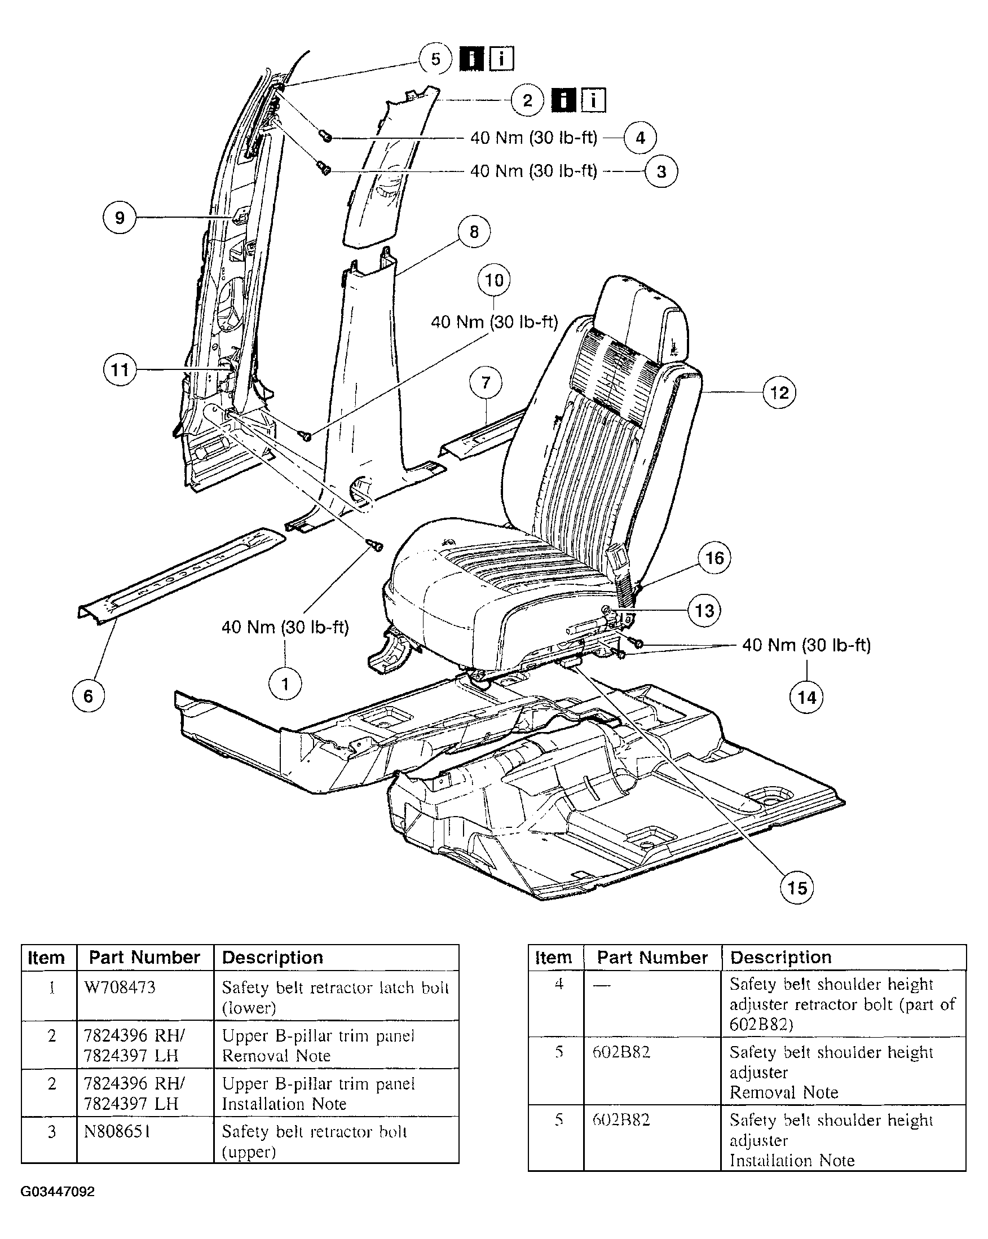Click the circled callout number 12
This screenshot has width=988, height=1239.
pos(779,393)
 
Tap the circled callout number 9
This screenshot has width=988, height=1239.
pos(120,217)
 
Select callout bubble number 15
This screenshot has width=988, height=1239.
pos(797,888)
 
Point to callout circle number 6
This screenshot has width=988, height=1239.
pos(88,696)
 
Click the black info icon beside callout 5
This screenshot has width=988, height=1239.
pos(472,59)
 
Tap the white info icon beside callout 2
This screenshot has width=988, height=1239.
pos(593,100)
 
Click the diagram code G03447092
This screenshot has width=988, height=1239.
pos(58,1191)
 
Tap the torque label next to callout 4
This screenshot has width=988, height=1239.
pos(533,138)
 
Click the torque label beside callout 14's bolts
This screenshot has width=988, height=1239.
pos(806,645)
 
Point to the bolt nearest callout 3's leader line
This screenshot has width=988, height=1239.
pos(324,169)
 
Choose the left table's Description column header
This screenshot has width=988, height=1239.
pos(272,958)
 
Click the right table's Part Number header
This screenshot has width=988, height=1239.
pos(652,958)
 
